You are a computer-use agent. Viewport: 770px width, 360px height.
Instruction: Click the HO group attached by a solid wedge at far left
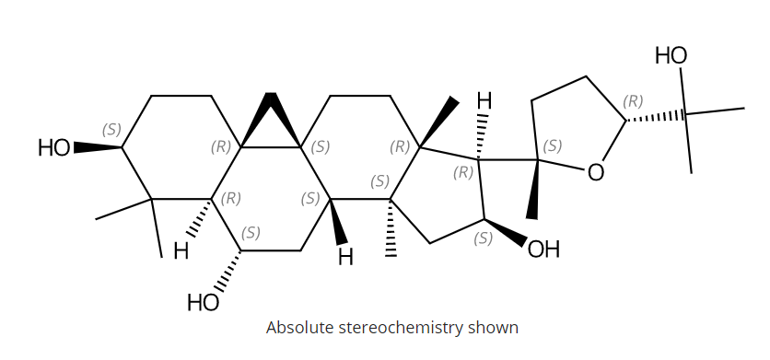[53, 147]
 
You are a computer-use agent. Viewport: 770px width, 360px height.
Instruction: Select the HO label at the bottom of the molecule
[203, 302]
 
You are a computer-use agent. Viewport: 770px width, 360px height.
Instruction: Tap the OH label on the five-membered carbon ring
[543, 250]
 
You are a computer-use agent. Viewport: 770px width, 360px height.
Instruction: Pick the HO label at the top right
[671, 56]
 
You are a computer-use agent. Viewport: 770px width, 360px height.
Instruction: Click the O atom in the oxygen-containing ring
[596, 172]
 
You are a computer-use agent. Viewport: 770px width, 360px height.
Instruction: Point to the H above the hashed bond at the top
[484, 99]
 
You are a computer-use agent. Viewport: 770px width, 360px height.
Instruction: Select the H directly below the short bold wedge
[345, 257]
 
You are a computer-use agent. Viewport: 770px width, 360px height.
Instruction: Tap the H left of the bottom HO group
[181, 251]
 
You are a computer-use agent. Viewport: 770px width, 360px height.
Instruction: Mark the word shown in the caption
[498, 328]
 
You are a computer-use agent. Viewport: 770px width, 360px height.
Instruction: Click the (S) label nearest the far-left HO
[111, 130]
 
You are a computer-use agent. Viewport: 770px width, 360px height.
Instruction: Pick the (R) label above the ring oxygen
[633, 101]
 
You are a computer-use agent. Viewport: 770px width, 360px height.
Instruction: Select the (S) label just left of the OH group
[483, 238]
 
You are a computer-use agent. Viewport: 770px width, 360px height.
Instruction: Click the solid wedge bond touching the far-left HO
[97, 147]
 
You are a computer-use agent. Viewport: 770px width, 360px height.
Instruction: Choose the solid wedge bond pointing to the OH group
[505, 232]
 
